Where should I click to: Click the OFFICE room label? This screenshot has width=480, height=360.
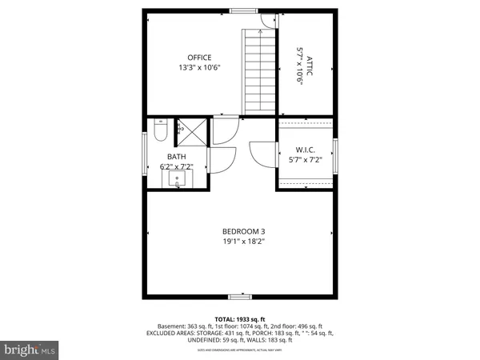199,58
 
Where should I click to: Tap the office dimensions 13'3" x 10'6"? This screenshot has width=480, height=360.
199,68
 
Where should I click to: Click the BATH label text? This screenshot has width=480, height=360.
176,157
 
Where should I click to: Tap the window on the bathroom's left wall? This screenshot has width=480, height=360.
145,152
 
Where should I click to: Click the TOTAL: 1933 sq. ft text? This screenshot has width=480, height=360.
239,318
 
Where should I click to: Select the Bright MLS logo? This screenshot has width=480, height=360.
30,350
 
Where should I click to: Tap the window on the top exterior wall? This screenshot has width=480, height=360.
240,10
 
